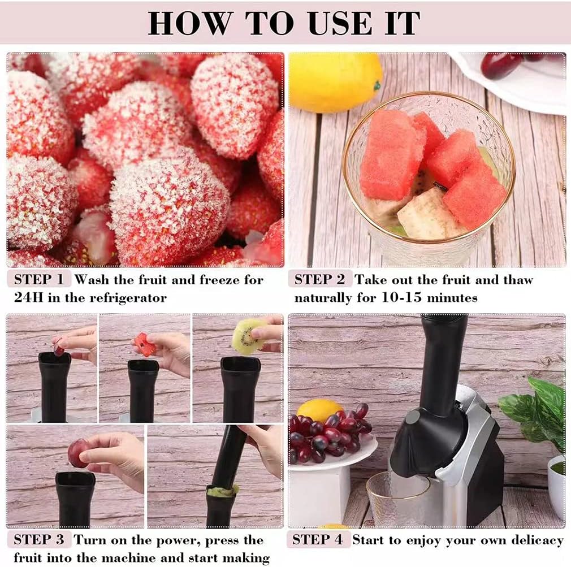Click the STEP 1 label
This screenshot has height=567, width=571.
39,279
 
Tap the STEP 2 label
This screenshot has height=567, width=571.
319,279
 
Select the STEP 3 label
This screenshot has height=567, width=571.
39,540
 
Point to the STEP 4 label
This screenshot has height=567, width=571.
318,540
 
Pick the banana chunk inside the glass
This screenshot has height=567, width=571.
425,214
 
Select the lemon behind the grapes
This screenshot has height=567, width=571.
319,410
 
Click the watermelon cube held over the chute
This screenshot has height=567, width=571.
145,344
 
